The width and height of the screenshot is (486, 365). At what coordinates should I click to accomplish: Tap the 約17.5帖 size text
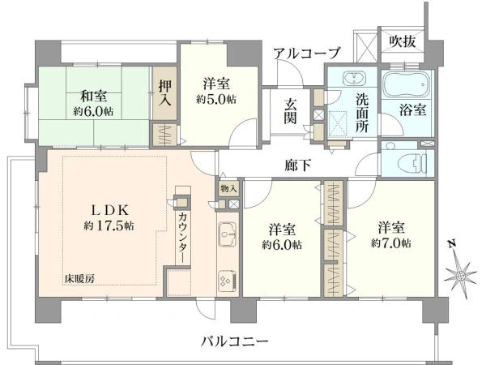pos(107,225)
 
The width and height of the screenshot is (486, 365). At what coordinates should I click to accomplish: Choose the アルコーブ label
pos(306,54)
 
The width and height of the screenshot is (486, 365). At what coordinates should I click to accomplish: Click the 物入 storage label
pos(228,188)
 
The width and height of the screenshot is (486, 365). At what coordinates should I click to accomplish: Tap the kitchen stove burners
pos(226,280)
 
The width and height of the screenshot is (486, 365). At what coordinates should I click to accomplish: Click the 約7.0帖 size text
pos(391,243)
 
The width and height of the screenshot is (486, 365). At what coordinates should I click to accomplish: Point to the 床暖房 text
pos(80,279)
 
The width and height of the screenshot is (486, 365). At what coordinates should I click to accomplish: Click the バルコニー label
pos(235,341)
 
